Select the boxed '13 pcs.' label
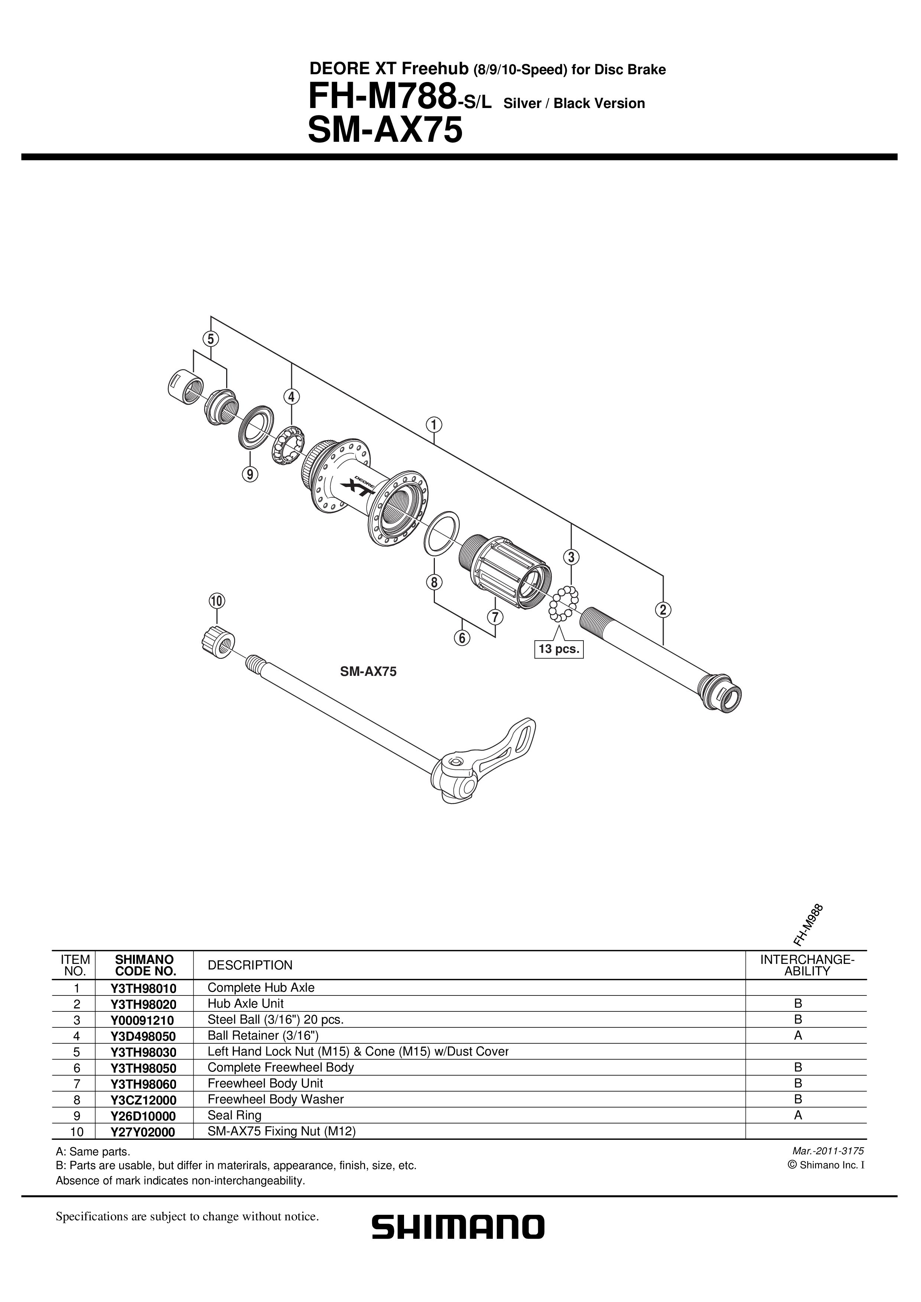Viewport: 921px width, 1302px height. coord(559,649)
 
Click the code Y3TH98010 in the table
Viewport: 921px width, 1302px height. coord(144,988)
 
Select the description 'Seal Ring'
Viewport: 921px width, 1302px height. coord(234,1115)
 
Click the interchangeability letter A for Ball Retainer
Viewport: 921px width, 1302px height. coord(798,1036)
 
